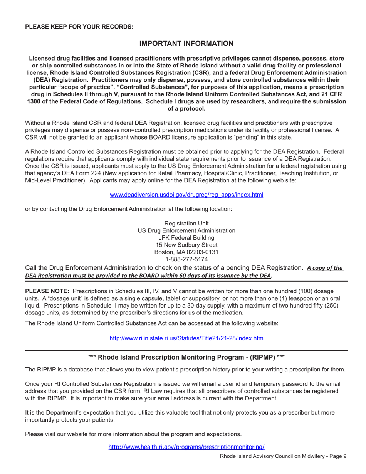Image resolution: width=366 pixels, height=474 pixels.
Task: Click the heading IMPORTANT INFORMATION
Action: point(186,44)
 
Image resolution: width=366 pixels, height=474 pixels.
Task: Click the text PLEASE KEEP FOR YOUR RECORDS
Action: point(79,27)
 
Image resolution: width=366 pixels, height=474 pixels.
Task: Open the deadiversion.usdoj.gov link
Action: point(186,195)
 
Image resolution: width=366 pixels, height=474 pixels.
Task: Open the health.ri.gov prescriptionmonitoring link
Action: point(186,447)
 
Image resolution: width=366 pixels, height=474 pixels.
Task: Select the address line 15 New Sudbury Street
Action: point(186,245)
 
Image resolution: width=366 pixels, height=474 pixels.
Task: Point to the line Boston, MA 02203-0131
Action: point(186,252)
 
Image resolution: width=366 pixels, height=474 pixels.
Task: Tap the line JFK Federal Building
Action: point(186,238)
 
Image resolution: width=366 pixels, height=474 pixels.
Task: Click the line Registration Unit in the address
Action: point(186,223)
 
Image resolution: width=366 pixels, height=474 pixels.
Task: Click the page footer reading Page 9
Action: point(283,456)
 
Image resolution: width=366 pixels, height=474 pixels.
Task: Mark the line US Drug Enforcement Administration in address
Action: point(186,230)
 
